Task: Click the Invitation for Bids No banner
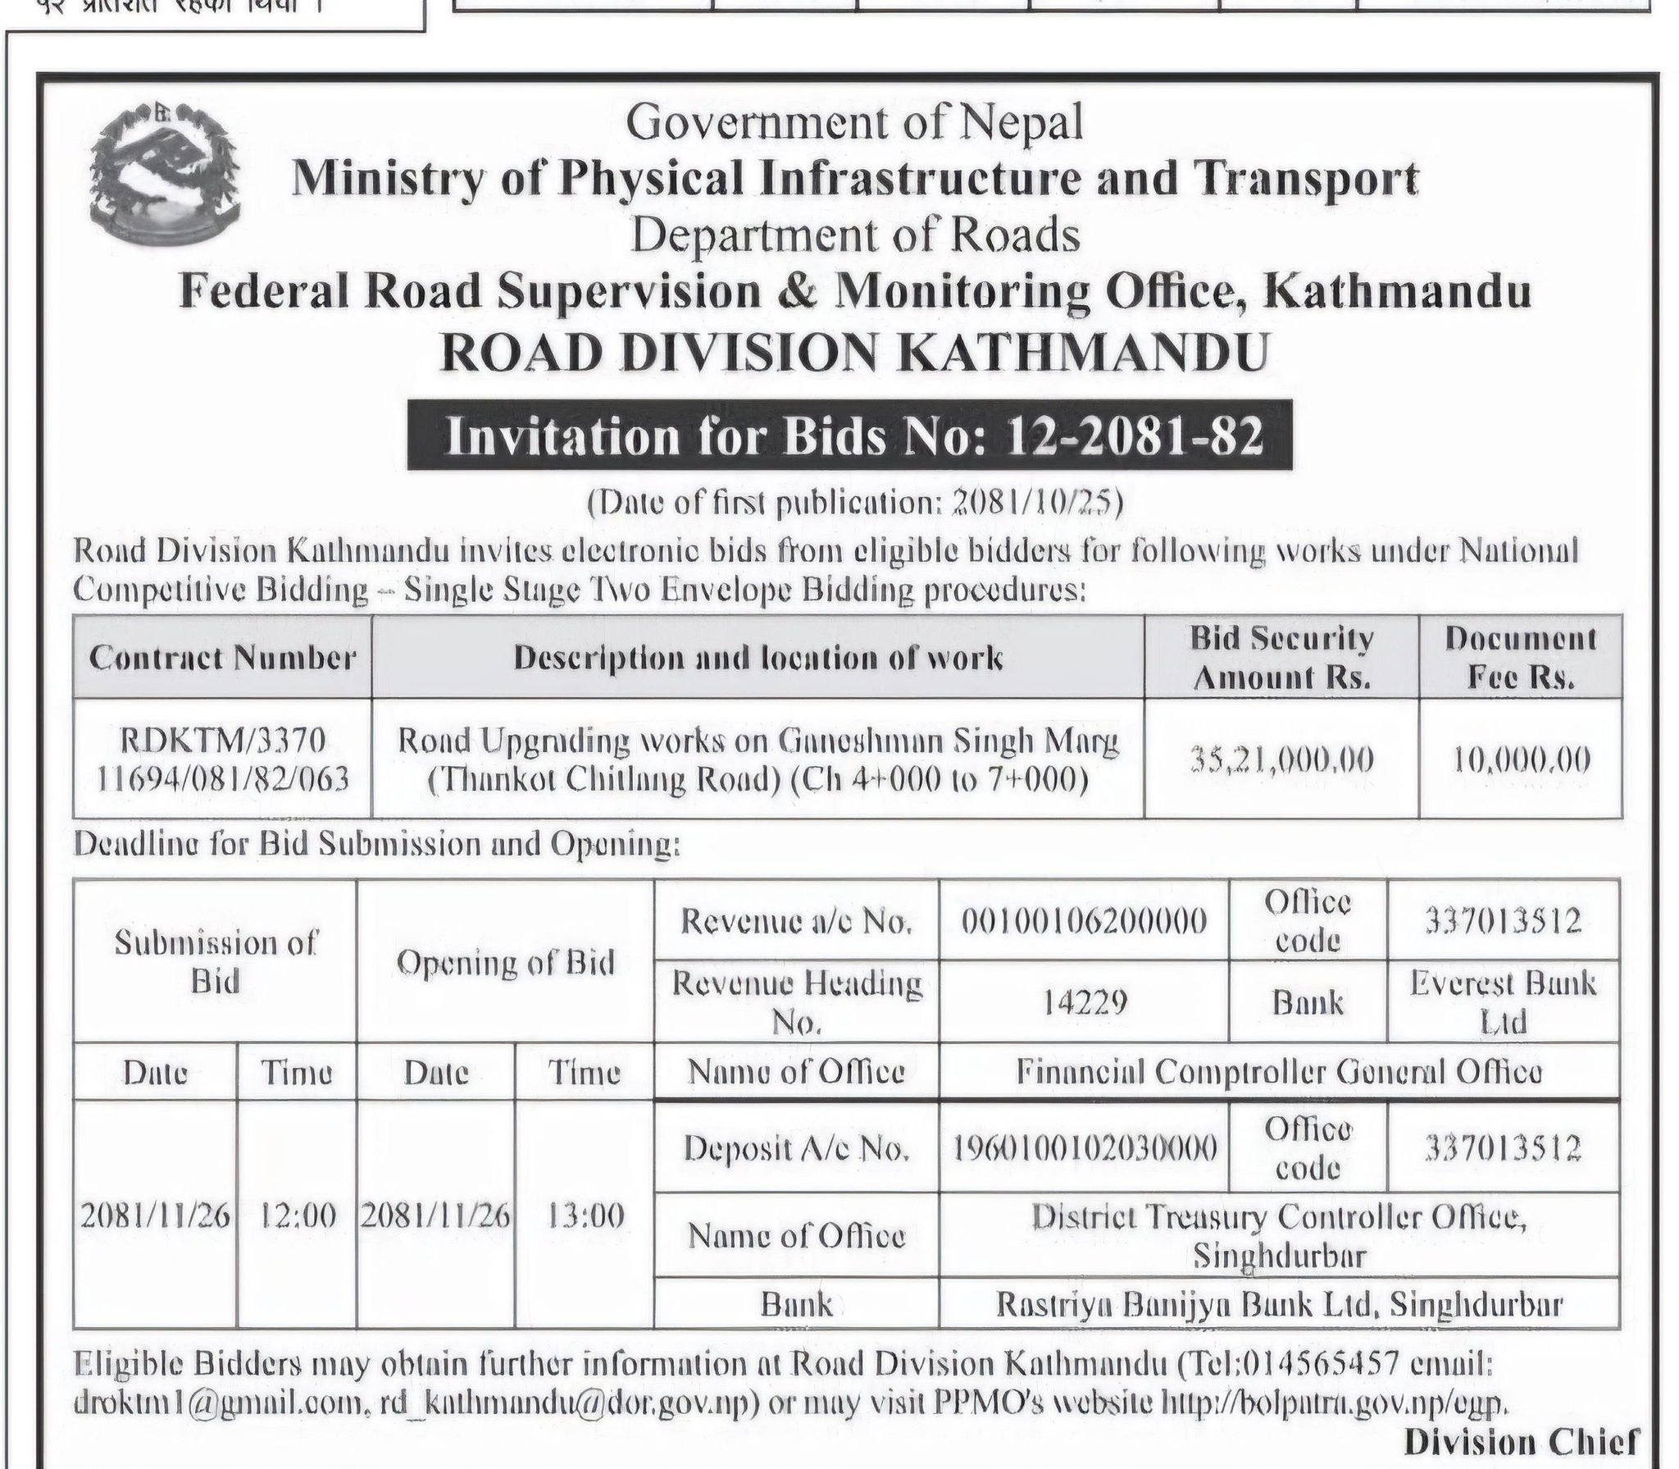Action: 849,436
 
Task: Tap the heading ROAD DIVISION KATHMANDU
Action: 854,353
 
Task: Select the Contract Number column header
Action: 222,658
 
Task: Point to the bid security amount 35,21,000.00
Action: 1281,760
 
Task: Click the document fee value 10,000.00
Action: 1521,760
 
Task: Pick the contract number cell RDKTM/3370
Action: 222,741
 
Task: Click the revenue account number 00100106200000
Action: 1084,922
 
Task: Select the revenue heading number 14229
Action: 1084,1001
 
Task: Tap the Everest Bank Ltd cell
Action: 1503,1001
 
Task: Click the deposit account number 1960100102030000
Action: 1084,1149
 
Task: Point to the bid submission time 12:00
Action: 297,1216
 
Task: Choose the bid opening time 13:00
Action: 584,1216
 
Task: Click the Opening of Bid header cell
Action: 505,962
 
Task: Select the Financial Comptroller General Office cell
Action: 1278,1072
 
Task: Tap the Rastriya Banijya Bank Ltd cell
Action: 1278,1304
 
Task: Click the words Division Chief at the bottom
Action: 1522,1442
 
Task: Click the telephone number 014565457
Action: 1319,1365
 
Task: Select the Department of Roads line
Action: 854,235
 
